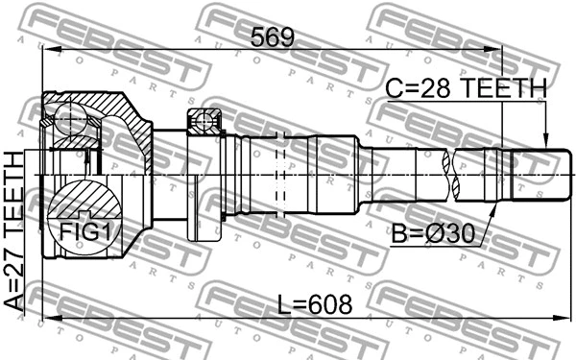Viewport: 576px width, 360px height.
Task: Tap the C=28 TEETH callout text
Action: point(466,88)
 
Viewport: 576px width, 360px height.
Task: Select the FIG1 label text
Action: point(86,230)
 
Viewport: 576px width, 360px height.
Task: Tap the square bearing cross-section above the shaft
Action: point(204,122)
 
